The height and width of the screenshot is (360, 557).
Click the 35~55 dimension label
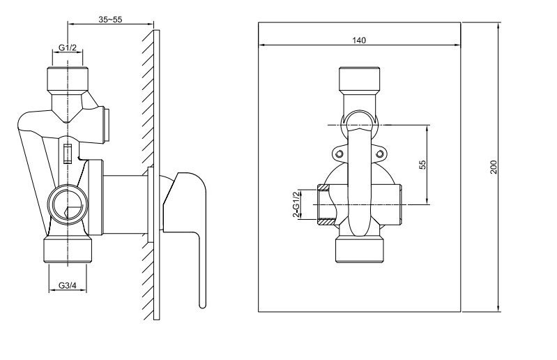point(110,20)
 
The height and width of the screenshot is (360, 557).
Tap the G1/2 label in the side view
point(68,47)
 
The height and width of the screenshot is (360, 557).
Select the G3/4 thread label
point(68,285)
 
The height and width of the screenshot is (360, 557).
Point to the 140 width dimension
point(359,40)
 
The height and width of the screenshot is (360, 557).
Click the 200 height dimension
point(494,167)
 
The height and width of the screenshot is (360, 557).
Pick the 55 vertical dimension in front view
point(422,165)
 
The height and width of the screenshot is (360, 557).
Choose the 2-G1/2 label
point(295,204)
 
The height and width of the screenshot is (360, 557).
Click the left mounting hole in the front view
point(339,153)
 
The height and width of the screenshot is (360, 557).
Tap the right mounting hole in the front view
point(380,153)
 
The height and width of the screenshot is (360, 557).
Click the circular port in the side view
point(68,204)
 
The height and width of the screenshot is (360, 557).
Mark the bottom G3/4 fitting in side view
point(68,250)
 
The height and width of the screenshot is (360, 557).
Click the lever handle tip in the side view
point(202,306)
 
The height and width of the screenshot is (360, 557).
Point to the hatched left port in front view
point(324,204)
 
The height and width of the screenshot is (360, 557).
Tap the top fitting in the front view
point(360,80)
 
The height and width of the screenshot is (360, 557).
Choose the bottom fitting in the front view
point(360,250)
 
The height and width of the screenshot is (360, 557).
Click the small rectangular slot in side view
point(68,153)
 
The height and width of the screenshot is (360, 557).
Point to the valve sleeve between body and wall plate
point(125,204)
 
